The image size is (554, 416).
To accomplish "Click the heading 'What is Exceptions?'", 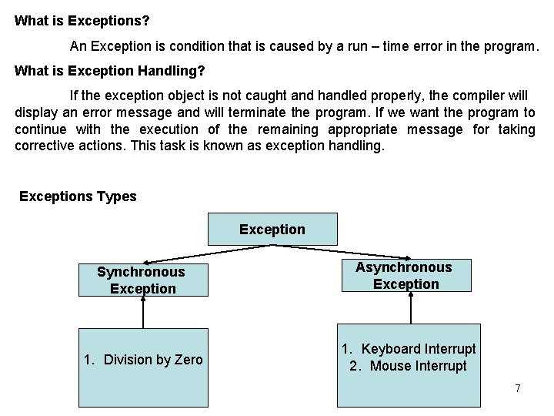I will [x=82, y=21].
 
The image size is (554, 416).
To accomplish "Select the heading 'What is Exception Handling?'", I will [x=110, y=71].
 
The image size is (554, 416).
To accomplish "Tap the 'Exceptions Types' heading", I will [x=78, y=196].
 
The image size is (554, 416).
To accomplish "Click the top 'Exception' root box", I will [x=272, y=230].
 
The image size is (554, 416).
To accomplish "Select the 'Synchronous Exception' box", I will [x=142, y=280].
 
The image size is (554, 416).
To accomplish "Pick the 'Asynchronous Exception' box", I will [x=405, y=276].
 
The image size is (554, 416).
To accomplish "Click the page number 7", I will [x=518, y=389].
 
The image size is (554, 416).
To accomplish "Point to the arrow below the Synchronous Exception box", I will [x=142, y=313].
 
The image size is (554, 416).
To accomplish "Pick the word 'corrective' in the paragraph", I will [x=45, y=146].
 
